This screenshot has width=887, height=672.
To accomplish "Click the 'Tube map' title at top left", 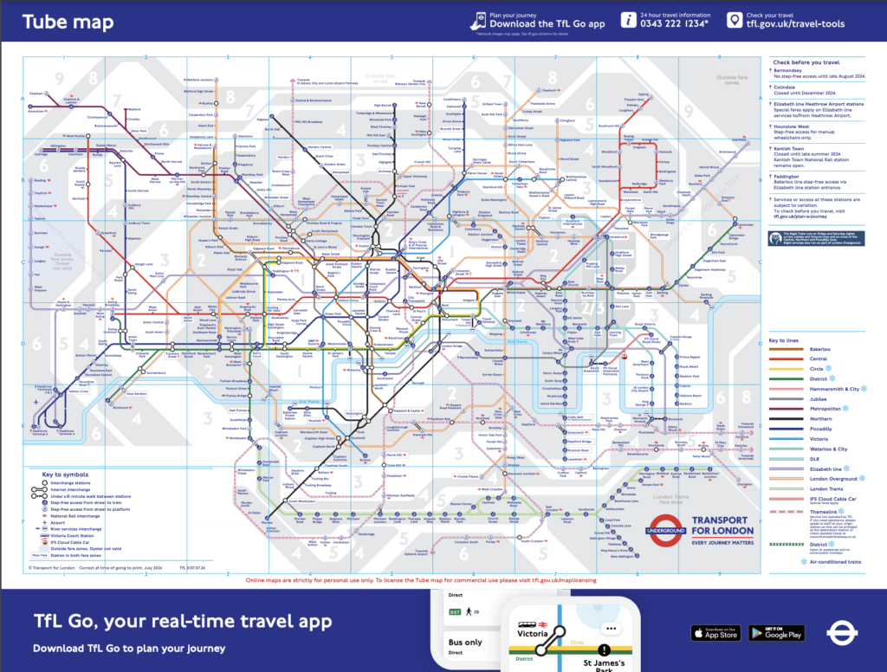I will click(59, 23).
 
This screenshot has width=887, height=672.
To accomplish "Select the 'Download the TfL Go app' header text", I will click(547, 25).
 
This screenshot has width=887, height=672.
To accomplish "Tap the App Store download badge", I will click(715, 633).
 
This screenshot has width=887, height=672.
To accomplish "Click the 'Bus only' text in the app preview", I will click(465, 643).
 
